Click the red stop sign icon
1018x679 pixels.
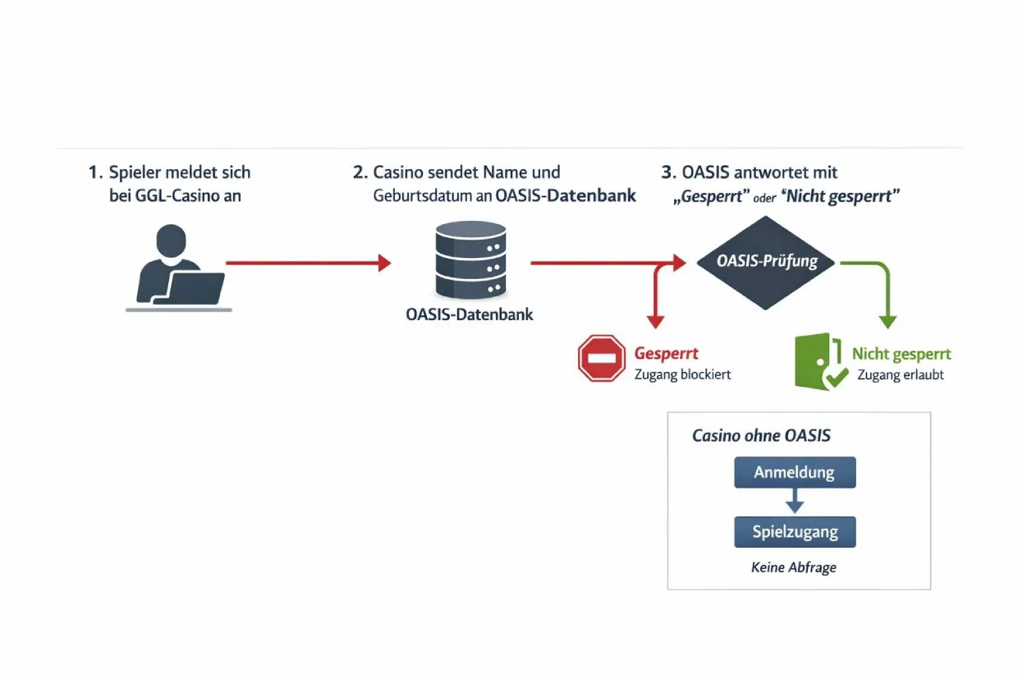pos(602,359)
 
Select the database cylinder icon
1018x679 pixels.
pos(469,261)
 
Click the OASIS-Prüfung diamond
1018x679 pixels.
pos(766,263)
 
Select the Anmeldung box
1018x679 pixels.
pos(795,473)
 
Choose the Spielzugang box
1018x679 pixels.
pos(795,532)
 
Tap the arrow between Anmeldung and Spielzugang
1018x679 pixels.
pos(795,502)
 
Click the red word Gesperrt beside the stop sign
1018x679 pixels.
pos(667,354)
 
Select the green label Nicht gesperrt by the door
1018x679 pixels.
pos(901,354)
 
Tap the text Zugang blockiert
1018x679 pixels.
pos(682,374)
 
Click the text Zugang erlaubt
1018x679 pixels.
pos(901,374)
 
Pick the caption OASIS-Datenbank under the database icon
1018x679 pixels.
pos(469,314)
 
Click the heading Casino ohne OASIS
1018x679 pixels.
pos(761,436)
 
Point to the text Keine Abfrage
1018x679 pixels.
pos(794,567)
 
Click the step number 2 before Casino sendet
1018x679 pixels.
pos(359,172)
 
